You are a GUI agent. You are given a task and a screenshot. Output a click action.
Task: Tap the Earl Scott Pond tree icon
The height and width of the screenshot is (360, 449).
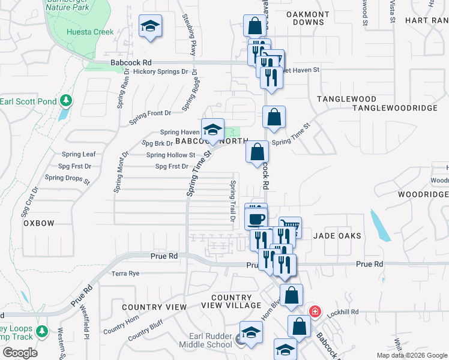coord(67,100)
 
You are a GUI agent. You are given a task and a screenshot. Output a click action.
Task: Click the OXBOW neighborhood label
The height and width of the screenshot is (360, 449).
coord(39,223)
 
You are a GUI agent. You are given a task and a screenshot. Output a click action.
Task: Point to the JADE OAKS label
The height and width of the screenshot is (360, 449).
coord(338,236)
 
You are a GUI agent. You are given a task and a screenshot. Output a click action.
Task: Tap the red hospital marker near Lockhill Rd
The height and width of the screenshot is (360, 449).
coord(314,312)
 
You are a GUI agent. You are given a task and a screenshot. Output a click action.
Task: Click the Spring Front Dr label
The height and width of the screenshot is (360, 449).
coord(151,113)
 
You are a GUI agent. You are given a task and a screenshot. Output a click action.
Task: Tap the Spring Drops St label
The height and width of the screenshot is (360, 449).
coord(67,178)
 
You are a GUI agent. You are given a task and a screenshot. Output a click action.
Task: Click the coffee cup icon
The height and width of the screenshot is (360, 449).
coord(256,218)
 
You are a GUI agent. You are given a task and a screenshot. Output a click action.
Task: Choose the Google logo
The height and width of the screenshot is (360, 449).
coord(20,352)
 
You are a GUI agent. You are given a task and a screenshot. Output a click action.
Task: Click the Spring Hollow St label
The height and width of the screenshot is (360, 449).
coord(171,155)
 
